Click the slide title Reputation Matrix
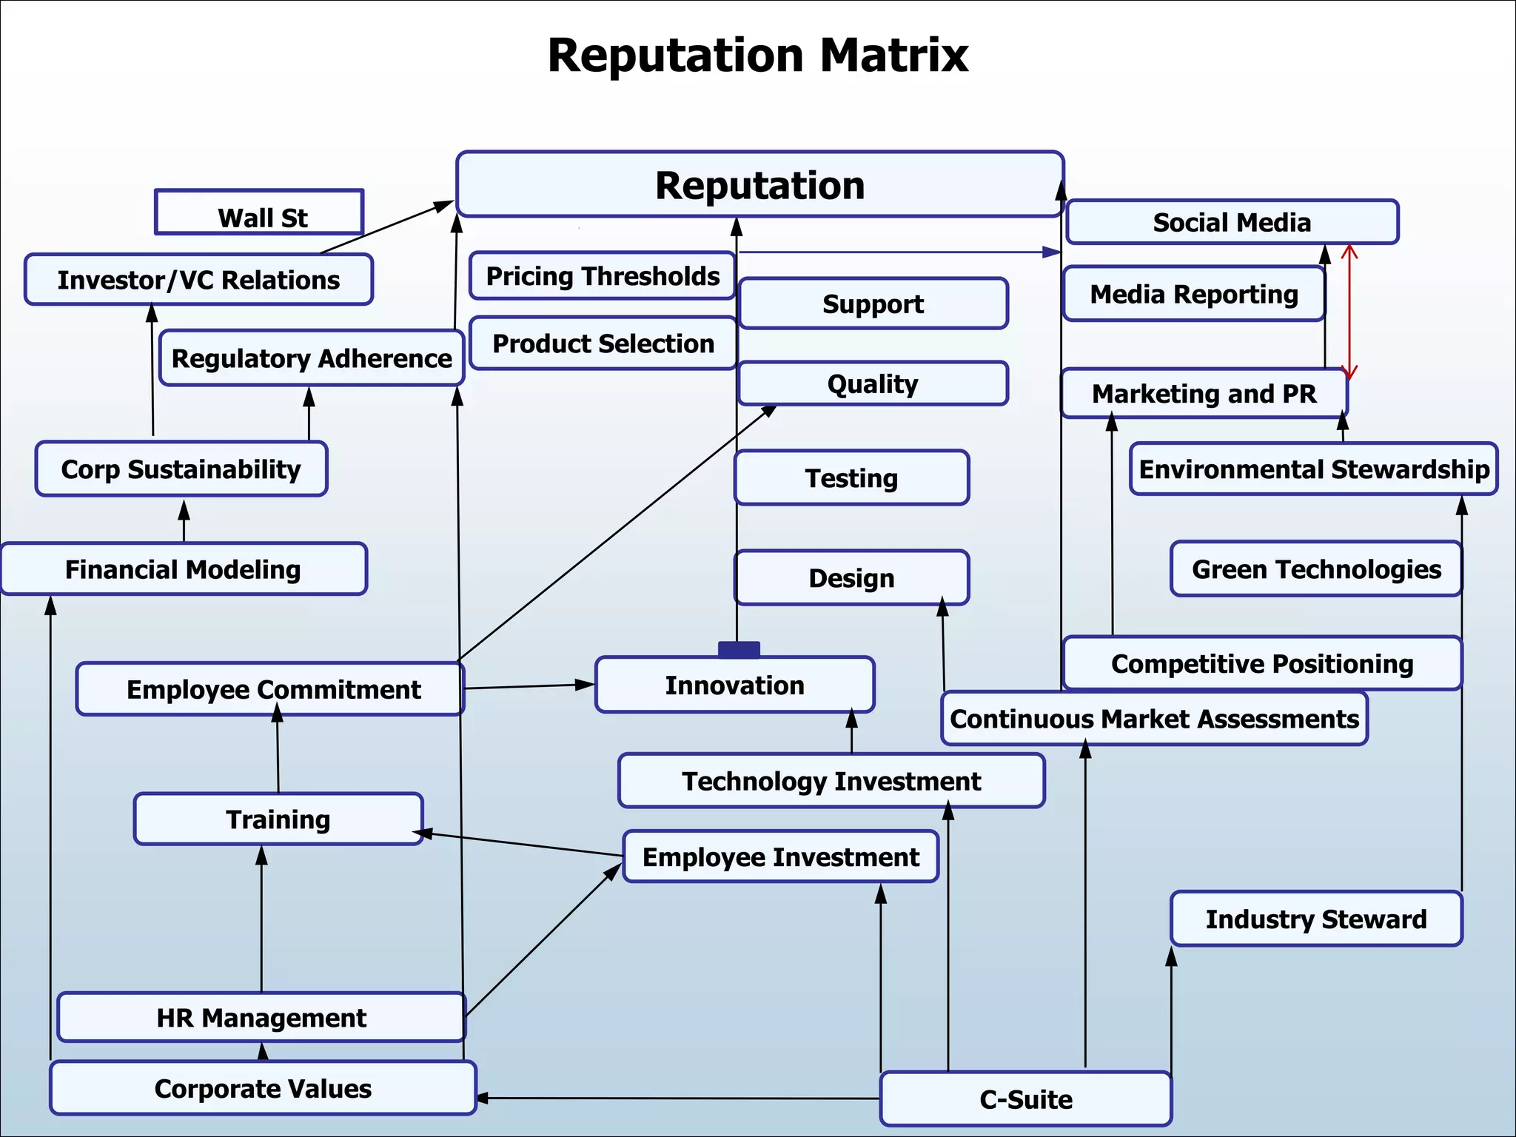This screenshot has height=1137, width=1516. [757, 56]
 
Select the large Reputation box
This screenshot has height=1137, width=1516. [759, 185]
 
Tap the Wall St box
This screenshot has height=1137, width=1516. [259, 213]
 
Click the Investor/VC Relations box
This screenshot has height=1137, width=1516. [198, 280]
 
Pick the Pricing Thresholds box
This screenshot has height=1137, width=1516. [602, 276]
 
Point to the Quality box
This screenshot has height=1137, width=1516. [873, 383]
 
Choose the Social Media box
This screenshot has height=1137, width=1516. [1232, 222]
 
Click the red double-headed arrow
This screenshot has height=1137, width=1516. [1349, 311]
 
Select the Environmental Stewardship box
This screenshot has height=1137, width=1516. [1313, 469]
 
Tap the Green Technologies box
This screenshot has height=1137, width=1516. [1316, 569]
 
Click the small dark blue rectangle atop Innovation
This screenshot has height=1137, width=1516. [739, 650]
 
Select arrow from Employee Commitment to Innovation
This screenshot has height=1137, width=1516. [529, 686]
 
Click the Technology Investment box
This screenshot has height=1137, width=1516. [831, 781]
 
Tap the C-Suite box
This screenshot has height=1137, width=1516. [1025, 1099]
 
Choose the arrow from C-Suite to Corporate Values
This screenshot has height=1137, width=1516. [677, 1099]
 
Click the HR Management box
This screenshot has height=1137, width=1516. [261, 1018]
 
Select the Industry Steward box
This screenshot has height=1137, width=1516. [1316, 919]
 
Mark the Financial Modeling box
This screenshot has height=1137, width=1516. [183, 569]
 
